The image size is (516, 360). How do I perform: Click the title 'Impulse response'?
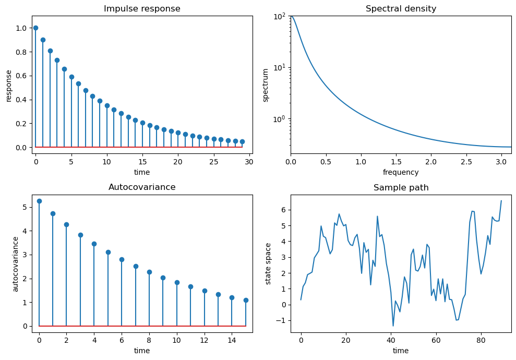[142, 9]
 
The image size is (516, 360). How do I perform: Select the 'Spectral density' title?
[401, 9]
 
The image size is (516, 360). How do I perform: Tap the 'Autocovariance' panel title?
[142, 187]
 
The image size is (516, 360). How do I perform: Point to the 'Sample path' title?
[401, 188]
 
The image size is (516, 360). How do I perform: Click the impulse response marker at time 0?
[35, 28]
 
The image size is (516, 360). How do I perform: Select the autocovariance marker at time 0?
[39, 201]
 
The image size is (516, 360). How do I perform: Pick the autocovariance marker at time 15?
[246, 300]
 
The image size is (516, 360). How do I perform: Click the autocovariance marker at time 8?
[149, 272]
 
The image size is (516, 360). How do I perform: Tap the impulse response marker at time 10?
[107, 105]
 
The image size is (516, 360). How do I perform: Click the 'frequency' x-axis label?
[401, 172]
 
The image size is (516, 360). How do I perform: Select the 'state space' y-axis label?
[269, 263]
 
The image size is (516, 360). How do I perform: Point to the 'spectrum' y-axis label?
[266, 85]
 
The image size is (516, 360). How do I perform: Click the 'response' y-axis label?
[9, 85]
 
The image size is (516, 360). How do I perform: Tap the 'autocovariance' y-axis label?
[16, 263]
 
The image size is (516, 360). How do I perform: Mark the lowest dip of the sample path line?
[393, 326]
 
